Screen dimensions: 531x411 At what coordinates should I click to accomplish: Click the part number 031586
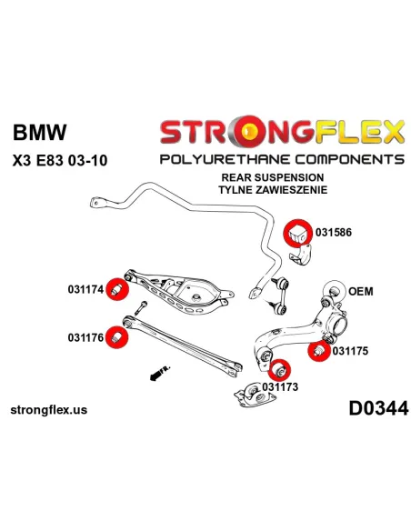click(x=334, y=232)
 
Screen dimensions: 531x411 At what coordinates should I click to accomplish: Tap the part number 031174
click(x=85, y=291)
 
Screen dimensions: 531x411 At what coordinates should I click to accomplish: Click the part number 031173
click(x=280, y=386)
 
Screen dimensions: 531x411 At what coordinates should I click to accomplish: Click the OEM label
click(x=361, y=292)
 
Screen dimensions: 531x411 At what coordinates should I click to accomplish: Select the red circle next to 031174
click(x=115, y=290)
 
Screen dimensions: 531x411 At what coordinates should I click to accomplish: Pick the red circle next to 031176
click(x=116, y=336)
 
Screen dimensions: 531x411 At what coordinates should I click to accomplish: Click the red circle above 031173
click(x=281, y=368)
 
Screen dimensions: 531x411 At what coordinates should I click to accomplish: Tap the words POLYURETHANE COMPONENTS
click(x=281, y=159)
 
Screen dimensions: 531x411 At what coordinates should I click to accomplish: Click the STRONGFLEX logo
click(x=281, y=133)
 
